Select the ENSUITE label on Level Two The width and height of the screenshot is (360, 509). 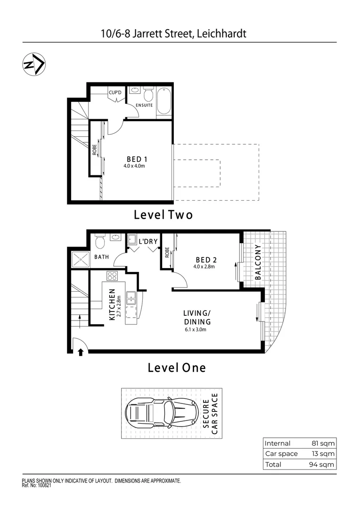pyautogui.click(x=144, y=105)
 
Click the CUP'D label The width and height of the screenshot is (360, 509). pyautogui.click(x=115, y=93)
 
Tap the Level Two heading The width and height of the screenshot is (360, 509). pyautogui.click(x=164, y=215)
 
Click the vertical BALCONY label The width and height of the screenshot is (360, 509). pyautogui.click(x=258, y=263)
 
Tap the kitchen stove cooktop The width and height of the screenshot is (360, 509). pyautogui.click(x=113, y=277)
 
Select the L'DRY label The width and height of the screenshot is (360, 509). pyautogui.click(x=147, y=242)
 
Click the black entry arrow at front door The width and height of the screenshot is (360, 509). pyautogui.click(x=80, y=351)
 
